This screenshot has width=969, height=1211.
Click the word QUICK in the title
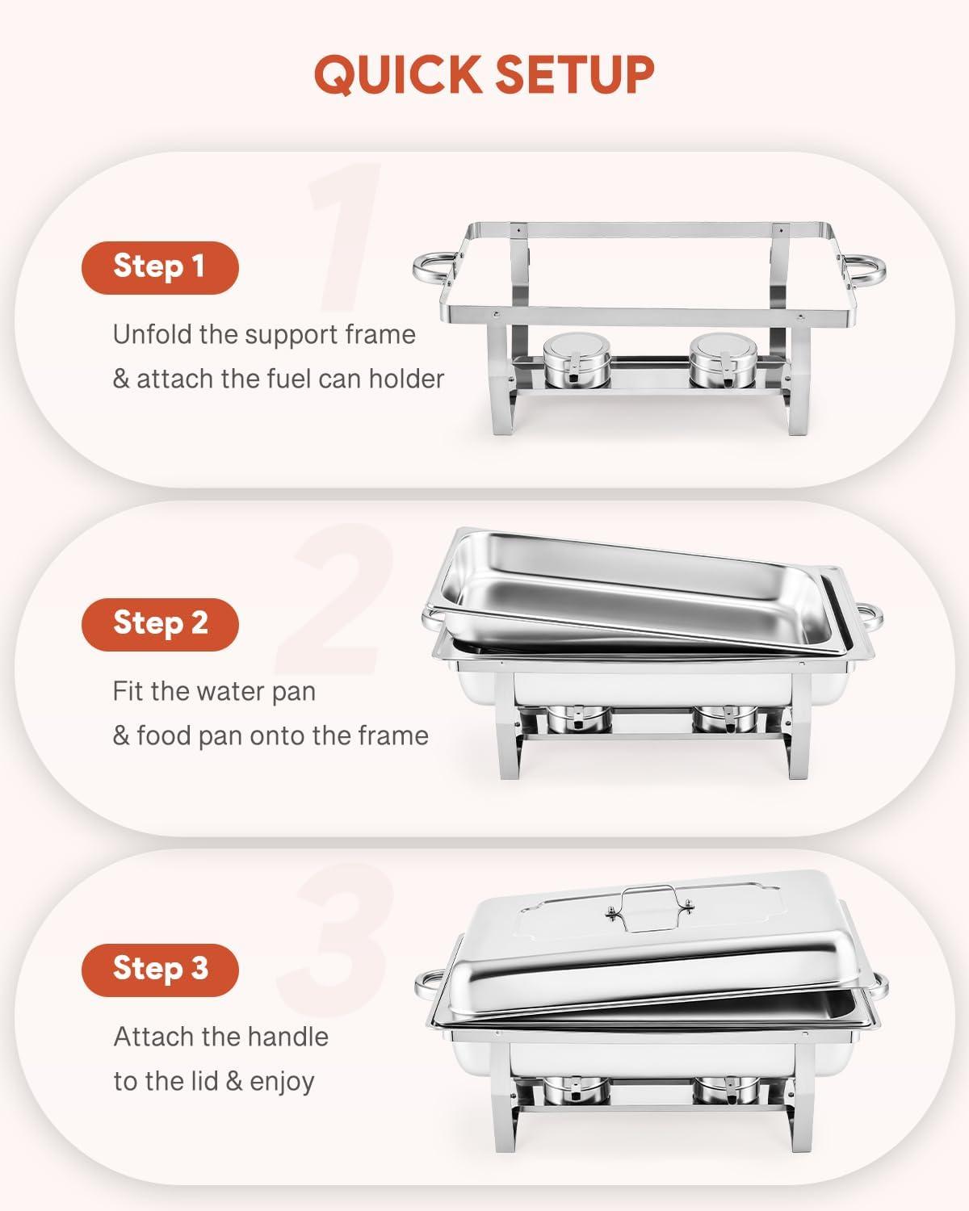pyautogui.click(x=396, y=74)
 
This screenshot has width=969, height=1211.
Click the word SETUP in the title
pyautogui.click(x=574, y=74)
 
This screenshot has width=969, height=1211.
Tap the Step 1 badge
pyautogui.click(x=160, y=267)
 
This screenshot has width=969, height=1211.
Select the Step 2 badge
pyautogui.click(x=160, y=624)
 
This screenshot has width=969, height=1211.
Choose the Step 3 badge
pyautogui.click(x=160, y=969)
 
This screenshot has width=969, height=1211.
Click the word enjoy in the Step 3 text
pyautogui.click(x=282, y=1082)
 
